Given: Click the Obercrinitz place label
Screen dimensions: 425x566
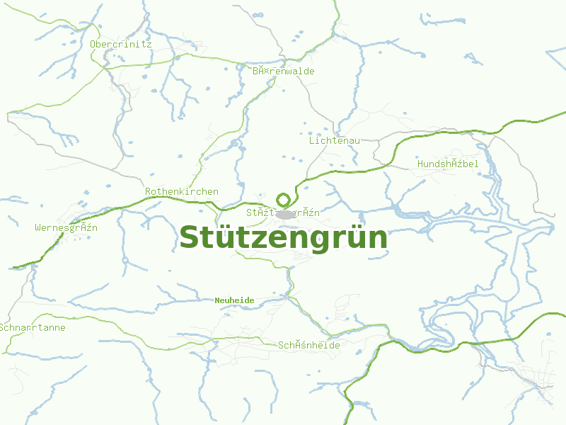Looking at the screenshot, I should tap(121, 44).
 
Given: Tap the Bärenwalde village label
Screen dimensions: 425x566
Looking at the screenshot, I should tap(284, 71).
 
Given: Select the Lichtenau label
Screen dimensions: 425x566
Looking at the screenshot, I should tap(335, 140).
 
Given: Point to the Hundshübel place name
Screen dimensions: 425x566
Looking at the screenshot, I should tap(448, 164).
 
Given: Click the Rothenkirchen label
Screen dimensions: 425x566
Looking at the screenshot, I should tap(182, 191).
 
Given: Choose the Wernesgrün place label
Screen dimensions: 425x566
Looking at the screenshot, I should tap(67, 227).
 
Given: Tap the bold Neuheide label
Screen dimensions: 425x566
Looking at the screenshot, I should tap(234, 300).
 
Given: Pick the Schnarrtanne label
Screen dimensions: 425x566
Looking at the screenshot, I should tap(33, 327).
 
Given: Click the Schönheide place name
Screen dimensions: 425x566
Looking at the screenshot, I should tap(309, 345).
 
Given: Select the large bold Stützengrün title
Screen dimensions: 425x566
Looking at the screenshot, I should tap(284, 238).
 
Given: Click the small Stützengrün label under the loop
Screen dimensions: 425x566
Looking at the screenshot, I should tap(284, 212).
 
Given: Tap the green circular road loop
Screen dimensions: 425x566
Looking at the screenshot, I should tap(284, 200).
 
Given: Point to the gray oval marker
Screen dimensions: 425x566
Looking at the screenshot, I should tap(285, 213).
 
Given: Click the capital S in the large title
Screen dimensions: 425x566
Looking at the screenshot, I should tap(190, 238).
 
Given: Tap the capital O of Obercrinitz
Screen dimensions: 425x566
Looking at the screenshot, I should tap(93, 44).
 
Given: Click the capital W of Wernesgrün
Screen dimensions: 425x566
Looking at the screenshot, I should tap(37, 227).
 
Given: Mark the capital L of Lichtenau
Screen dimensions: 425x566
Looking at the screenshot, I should tap(311, 140).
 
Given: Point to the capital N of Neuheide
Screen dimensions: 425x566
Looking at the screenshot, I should tap(217, 300).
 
